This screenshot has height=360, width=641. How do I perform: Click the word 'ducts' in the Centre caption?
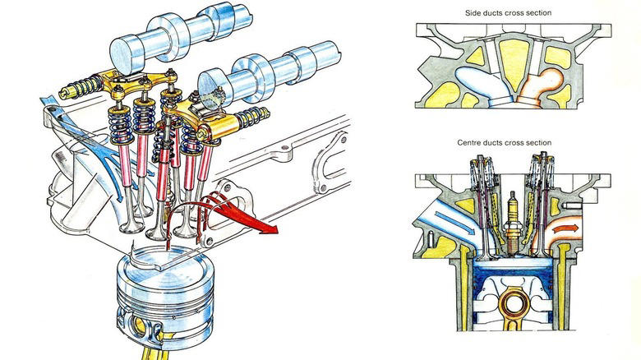[x=500, y=142]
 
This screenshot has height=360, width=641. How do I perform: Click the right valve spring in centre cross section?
[x=539, y=188]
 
